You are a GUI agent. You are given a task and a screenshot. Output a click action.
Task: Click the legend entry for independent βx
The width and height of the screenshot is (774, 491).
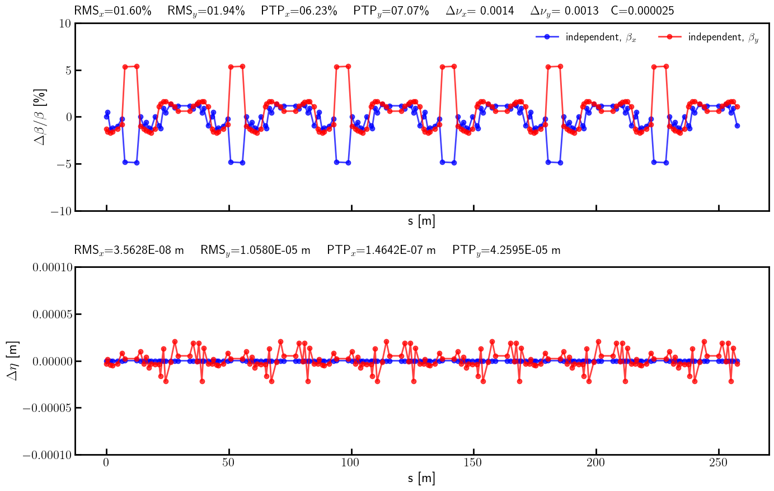(x=586, y=37)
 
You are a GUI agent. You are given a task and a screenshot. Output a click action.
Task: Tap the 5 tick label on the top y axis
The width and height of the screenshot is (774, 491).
(x=67, y=71)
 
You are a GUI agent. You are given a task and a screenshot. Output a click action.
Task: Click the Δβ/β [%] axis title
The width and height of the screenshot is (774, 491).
(x=41, y=117)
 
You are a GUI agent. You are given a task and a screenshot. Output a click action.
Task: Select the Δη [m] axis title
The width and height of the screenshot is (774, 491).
(x=12, y=361)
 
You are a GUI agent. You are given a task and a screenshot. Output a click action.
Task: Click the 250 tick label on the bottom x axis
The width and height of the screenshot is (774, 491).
(x=719, y=463)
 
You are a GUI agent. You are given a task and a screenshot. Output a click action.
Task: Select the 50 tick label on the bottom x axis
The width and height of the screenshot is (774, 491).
(x=228, y=463)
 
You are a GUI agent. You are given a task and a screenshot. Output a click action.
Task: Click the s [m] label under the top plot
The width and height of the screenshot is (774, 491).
(x=421, y=221)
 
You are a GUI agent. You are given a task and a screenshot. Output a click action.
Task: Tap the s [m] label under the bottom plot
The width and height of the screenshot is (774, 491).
(x=421, y=478)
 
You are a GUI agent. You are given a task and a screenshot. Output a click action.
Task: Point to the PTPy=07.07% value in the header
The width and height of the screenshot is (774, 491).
(x=391, y=11)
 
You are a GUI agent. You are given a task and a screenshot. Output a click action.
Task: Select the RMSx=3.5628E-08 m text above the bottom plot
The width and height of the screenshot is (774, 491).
(x=129, y=250)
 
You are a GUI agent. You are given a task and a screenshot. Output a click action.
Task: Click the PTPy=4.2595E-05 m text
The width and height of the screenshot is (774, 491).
(x=506, y=250)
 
